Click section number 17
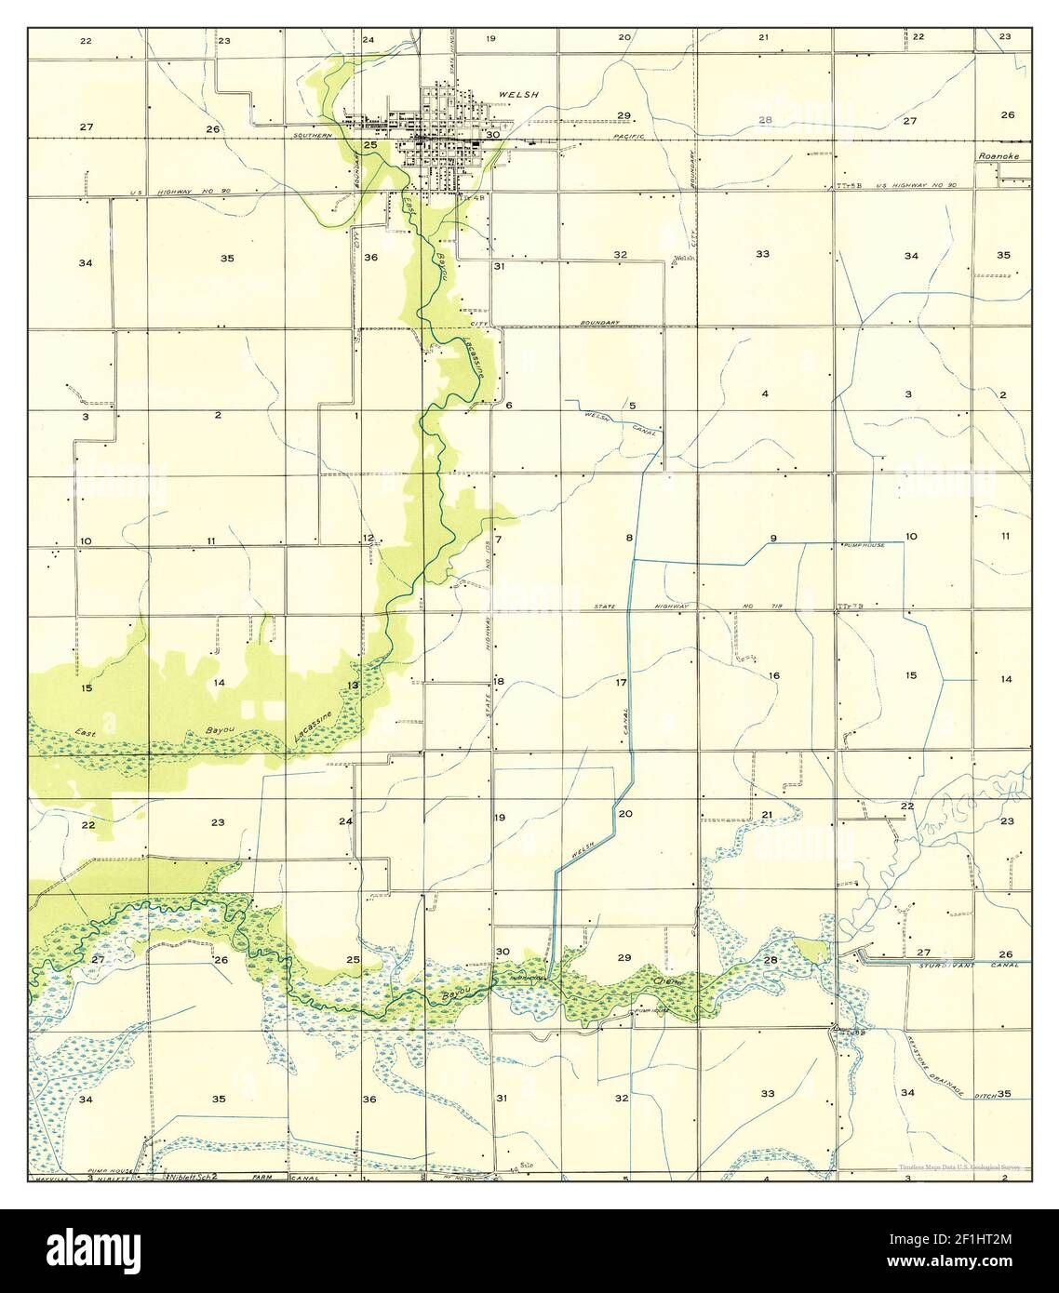pos(622,683)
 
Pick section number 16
pos(772,674)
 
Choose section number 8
pos(629,539)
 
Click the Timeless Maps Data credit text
pos(958,1166)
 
